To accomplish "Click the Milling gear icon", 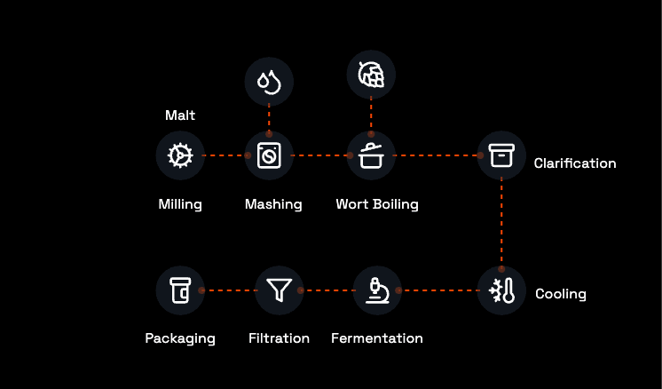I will coord(180,155).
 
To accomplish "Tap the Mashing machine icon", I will coord(268,155).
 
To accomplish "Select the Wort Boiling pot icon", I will coord(371,155).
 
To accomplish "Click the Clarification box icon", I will coord(501,155).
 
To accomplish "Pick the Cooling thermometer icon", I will coord(501,290).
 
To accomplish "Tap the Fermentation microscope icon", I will coord(377,290).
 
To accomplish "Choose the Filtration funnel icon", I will coord(280,290).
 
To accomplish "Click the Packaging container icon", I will coord(180,290).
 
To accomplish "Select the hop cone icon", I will coord(371,75).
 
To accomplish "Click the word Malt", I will coord(180,115).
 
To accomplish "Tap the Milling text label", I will coord(180,204).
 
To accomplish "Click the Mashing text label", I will coord(273,204).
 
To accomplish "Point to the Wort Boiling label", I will coord(376,204).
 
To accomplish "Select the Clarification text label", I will coord(574,163).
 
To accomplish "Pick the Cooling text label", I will coord(560,294).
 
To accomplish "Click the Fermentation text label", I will coord(376,338).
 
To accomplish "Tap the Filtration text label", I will coord(279,338).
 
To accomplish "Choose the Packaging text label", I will coord(180,338).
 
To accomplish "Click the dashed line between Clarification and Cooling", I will coord(501,222).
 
